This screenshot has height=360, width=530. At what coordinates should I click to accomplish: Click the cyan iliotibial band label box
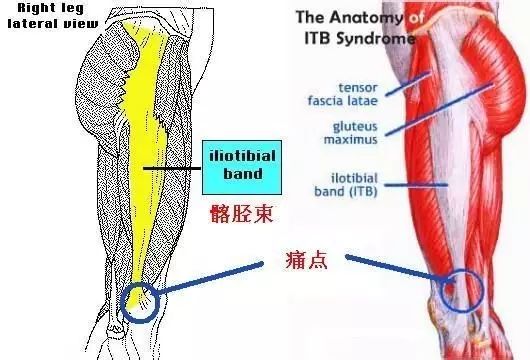click(236, 165)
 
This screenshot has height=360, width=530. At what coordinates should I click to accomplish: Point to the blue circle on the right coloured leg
click(463, 289)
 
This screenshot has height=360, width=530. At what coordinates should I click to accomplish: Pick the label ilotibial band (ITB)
click(332, 183)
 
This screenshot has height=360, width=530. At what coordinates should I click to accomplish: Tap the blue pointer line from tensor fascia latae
click(395, 77)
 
